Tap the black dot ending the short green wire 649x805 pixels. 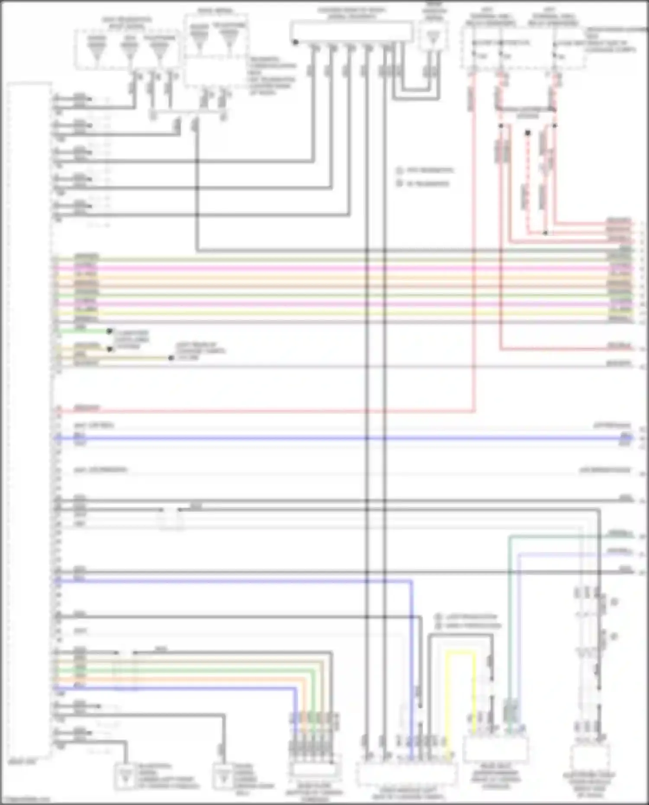coord(109,331)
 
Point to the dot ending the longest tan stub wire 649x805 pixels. coord(171,358)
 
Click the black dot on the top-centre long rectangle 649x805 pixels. coord(296,42)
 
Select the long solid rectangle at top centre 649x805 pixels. coord(351,32)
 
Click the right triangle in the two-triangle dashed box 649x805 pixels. coord(229,36)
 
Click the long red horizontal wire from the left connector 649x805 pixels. coord(260,411)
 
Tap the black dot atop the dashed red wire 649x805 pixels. coord(527,133)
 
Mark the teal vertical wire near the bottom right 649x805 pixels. coord(510,627)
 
